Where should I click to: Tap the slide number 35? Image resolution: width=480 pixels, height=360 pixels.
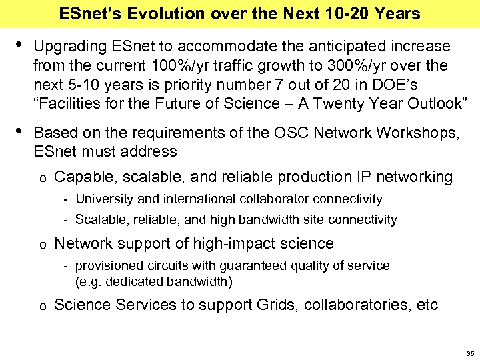coord(470,353)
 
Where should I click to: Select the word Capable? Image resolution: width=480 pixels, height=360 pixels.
coord(78,177)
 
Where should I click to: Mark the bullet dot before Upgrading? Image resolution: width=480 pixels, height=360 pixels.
coord(19,45)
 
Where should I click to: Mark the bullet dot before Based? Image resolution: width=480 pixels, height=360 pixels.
coord(19,131)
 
